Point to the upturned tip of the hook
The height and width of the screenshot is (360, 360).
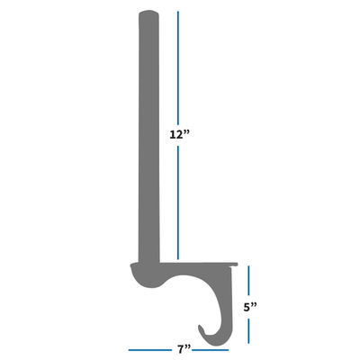click(x=203, y=330)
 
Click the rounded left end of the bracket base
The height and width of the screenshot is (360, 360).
click(x=135, y=270)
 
